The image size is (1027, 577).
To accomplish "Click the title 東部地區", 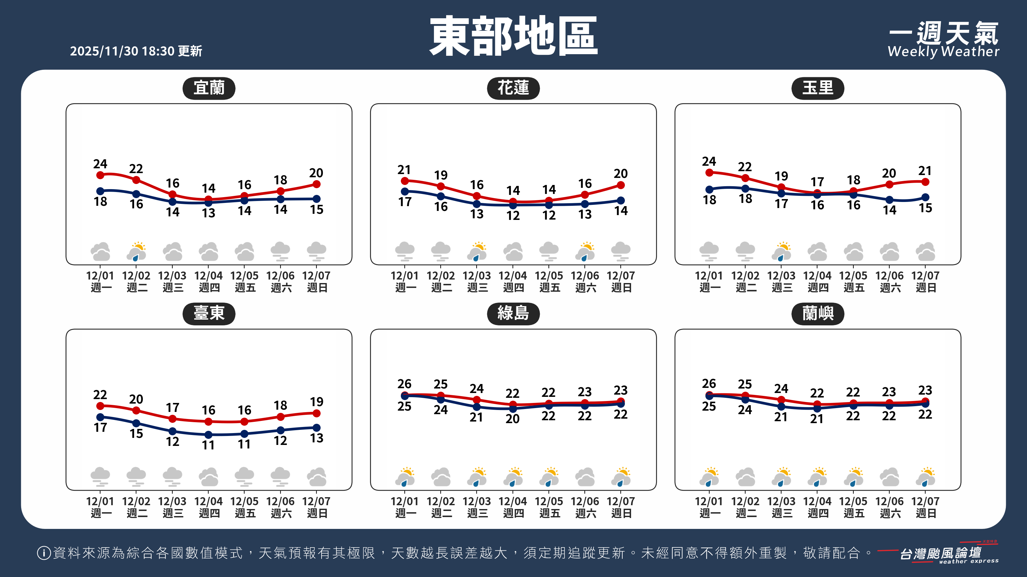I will [x=513, y=36].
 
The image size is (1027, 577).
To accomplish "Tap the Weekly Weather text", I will [x=943, y=51].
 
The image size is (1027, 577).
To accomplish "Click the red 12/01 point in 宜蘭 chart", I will [x=100, y=175].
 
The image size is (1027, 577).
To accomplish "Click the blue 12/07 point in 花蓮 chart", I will [x=621, y=200].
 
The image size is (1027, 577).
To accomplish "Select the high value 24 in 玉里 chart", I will [x=709, y=161].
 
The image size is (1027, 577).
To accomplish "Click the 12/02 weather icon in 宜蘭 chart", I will [x=136, y=251].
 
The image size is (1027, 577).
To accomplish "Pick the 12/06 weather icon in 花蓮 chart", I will [x=585, y=251].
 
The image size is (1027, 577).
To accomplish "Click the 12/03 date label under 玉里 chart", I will [x=781, y=281].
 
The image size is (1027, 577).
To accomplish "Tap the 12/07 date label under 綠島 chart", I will [x=621, y=506].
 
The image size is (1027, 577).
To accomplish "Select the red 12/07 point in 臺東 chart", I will [x=316, y=413].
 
